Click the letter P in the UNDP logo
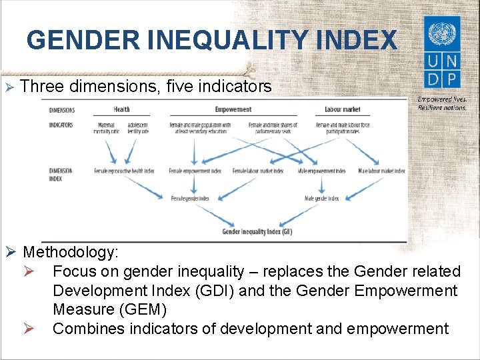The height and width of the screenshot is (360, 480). pyautogui.click(x=453, y=79)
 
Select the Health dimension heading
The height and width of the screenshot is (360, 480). pyautogui.click(x=121, y=109)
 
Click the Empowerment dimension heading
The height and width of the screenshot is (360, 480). pyautogui.click(x=233, y=109)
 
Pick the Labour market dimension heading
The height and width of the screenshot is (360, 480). pyautogui.click(x=342, y=109)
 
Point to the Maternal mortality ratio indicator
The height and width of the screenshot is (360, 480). pyautogui.click(x=106, y=128)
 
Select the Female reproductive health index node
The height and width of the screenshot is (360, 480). pyautogui.click(x=124, y=171)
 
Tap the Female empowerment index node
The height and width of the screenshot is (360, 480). pyautogui.click(x=195, y=171)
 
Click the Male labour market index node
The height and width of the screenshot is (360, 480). pyautogui.click(x=381, y=171)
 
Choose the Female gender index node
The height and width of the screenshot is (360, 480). pyautogui.click(x=190, y=199)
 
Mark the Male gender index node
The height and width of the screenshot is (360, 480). pyautogui.click(x=321, y=199)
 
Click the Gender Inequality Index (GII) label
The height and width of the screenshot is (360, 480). pyautogui.click(x=257, y=232)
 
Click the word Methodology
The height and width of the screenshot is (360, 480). pyautogui.click(x=71, y=252)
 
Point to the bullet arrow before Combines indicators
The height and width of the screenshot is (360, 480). pyautogui.click(x=39, y=329)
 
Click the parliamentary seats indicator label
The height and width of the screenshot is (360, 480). pyautogui.click(x=273, y=128)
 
